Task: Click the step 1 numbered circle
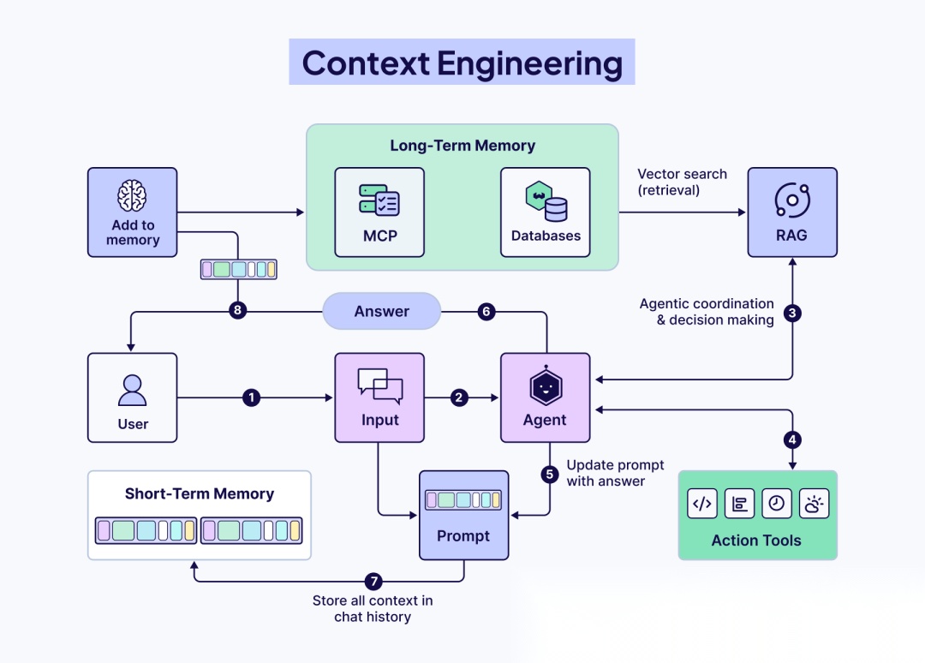click(251, 397)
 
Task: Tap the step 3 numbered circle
click(792, 314)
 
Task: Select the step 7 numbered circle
click(373, 582)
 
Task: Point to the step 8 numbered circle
click(238, 311)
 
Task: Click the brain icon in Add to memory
click(133, 196)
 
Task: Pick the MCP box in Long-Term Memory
click(379, 212)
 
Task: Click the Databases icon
click(546, 202)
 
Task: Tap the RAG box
click(791, 212)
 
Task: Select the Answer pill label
click(382, 312)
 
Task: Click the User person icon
click(133, 391)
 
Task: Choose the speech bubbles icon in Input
click(379, 386)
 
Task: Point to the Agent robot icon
click(546, 388)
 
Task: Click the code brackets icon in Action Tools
click(702, 504)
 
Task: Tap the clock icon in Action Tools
click(776, 504)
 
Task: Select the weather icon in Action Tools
click(814, 504)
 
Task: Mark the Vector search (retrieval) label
click(682, 182)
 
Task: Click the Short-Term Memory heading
click(200, 493)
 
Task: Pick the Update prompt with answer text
click(615, 473)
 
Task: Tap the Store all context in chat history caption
click(373, 608)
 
